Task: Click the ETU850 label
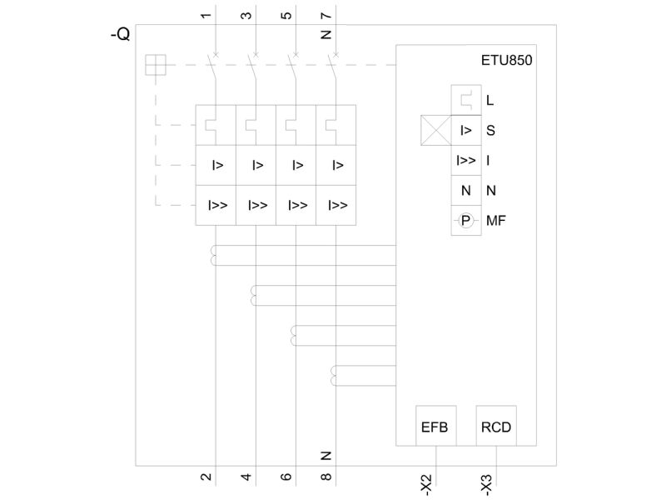point(506,60)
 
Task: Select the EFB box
point(435,426)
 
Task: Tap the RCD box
point(496,426)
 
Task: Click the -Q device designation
point(120,34)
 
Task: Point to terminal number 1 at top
point(206,15)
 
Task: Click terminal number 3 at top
point(246,15)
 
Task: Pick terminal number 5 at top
point(286,15)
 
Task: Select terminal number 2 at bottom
point(206,477)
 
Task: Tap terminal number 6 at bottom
point(286,477)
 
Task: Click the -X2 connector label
point(426,485)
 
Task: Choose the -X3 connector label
point(486,485)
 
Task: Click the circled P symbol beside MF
point(466,221)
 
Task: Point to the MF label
point(495,221)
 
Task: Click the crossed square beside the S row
point(435,130)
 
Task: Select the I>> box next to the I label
point(466,160)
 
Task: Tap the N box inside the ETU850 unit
point(466,191)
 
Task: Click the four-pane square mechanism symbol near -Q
point(156,65)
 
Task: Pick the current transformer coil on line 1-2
point(213,255)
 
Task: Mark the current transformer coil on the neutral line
point(334,376)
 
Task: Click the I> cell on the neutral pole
point(336,165)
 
